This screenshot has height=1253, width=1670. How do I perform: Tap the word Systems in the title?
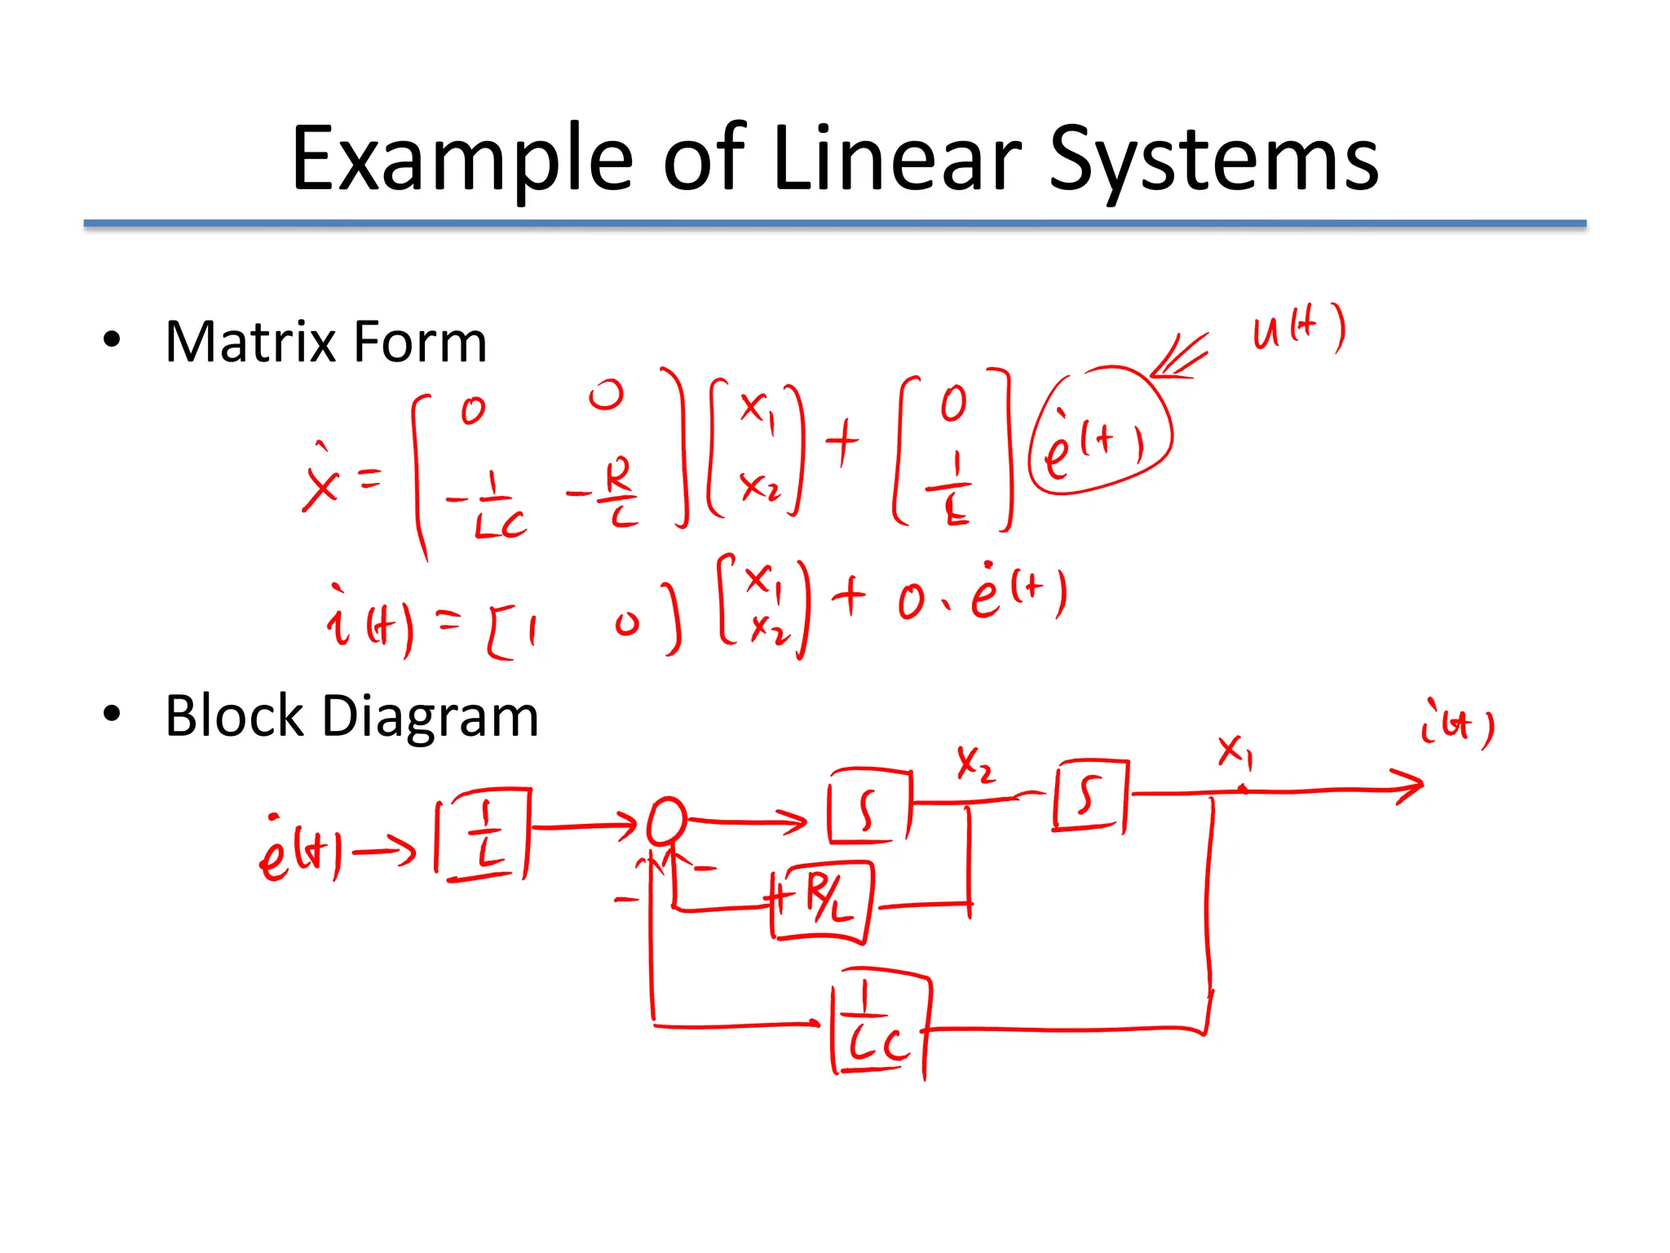tap(1213, 160)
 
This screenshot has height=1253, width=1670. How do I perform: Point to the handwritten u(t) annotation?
tap(1298, 329)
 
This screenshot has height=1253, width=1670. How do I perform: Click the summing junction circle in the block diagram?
tap(666, 821)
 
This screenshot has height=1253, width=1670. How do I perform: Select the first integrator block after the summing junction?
tap(868, 806)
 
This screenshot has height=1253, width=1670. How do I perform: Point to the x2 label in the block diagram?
tap(974, 764)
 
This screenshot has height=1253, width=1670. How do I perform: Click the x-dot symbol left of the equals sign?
tap(320, 480)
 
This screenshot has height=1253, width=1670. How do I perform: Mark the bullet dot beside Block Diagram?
tap(112, 715)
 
